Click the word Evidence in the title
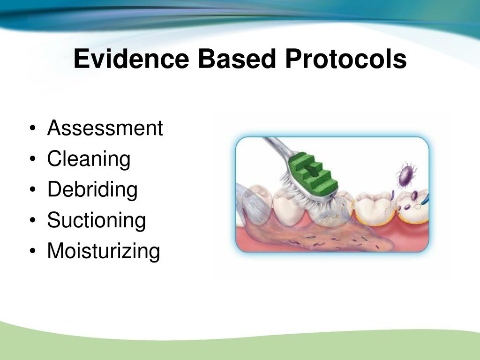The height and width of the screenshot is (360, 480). (131, 59)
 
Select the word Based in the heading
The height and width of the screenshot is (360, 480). (237, 59)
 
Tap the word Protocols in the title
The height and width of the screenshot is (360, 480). (346, 59)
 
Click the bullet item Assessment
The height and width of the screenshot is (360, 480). (105, 127)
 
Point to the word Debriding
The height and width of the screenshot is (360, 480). (92, 190)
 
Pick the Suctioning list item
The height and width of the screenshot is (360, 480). (97, 220)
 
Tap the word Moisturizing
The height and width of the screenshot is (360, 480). (104, 251)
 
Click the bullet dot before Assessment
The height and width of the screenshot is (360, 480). (33, 128)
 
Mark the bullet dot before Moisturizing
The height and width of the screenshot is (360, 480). (33, 251)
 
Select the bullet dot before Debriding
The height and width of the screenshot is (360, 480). (33, 189)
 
